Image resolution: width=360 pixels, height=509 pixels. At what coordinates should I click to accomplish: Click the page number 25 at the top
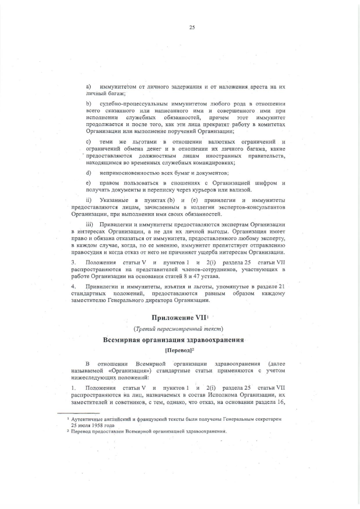[192, 27]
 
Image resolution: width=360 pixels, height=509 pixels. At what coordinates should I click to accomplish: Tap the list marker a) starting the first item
[88, 87]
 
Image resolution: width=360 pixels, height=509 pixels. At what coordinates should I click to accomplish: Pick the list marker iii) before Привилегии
[89, 225]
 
